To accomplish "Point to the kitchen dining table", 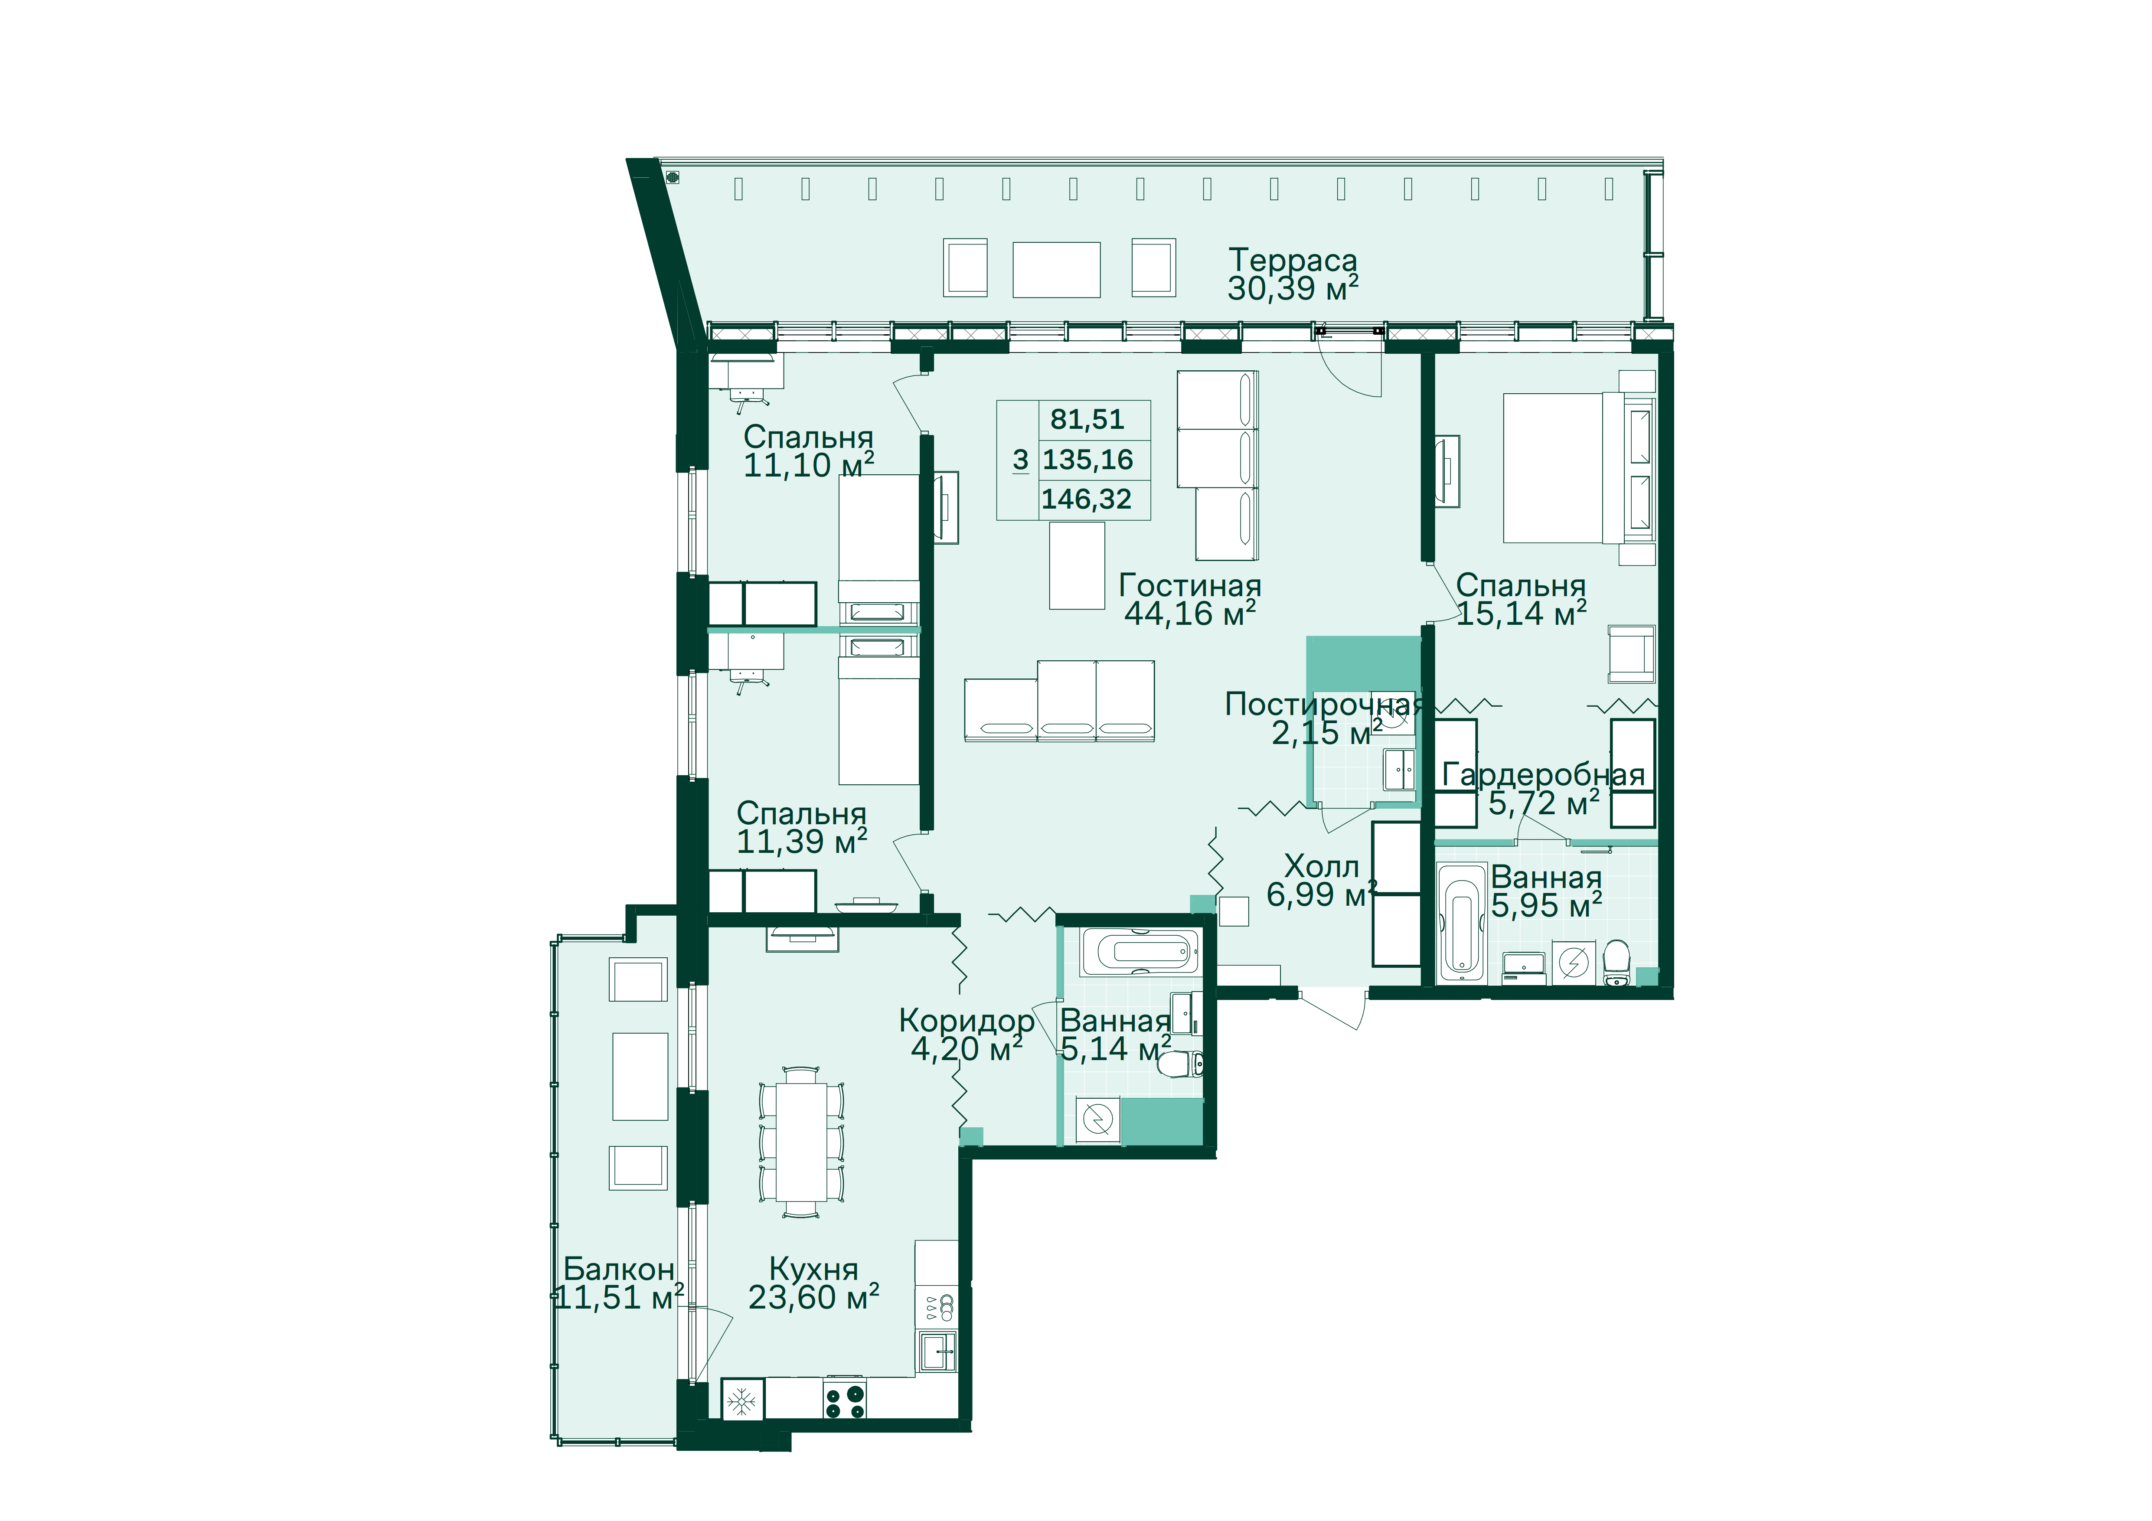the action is pos(801,1142).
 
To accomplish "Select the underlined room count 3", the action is pos(1021,460).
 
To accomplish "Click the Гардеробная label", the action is pos(1543,775).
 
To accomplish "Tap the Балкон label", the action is pos(619,1269).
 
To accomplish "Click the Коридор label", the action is pos(967,1021).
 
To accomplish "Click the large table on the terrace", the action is pos(1056,270).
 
